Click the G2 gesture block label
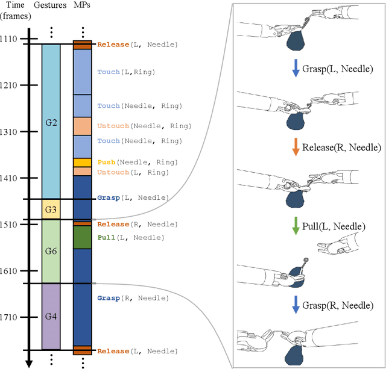[x=51, y=122]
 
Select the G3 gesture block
[x=51, y=209]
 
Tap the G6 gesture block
[x=51, y=251]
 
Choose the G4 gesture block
[x=51, y=316]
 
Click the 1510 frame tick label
[x=13, y=225]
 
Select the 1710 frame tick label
[x=13, y=317]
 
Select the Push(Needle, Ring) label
[x=138, y=163]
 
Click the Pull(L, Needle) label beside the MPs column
[x=130, y=238]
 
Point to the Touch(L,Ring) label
[x=126, y=72]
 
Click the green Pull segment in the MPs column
[x=82, y=238]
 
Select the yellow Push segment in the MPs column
[x=82, y=163]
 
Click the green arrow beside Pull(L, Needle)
[x=296, y=226]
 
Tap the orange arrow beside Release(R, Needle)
[x=296, y=147]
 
